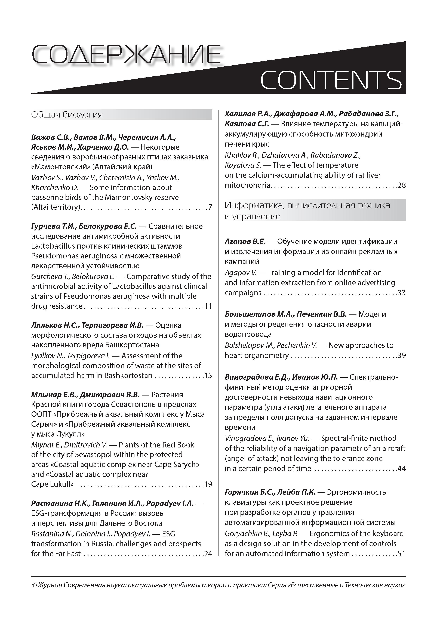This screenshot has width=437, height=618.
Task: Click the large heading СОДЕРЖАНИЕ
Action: click(126, 55)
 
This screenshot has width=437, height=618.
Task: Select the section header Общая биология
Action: click(67, 115)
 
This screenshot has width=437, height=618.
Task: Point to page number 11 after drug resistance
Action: click(208, 306)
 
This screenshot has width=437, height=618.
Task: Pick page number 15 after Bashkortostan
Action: click(208, 375)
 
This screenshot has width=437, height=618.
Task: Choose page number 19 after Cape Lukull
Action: click(208, 484)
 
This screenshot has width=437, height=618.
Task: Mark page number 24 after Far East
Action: click(208, 554)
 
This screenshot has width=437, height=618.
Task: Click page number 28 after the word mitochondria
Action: click(401, 186)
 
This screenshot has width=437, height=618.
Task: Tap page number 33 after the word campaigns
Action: click(401, 293)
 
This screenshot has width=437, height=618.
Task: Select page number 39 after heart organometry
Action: click(401, 356)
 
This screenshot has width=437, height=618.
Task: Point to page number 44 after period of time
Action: click(401, 469)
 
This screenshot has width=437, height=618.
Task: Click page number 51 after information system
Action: click(401, 554)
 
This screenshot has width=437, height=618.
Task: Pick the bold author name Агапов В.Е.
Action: click(245, 242)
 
